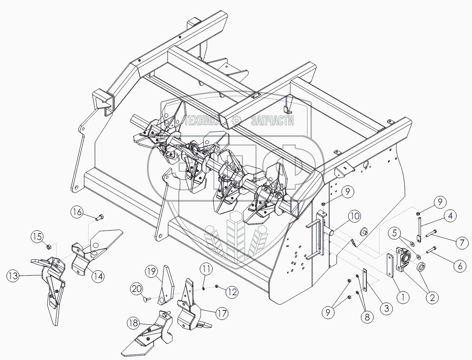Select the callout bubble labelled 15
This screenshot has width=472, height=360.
pyautogui.click(x=38, y=237)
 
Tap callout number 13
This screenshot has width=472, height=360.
pyautogui.click(x=15, y=276)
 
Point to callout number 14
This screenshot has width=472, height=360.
pyautogui.click(x=98, y=277)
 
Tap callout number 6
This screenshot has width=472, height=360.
pyautogui.click(x=460, y=266)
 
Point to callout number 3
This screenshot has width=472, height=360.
pyautogui.click(x=386, y=308)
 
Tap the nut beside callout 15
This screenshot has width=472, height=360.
pyautogui.click(x=48, y=246)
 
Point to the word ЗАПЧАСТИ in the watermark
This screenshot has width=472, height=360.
pyautogui.click(x=273, y=121)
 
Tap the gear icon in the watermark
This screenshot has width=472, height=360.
pyautogui.click(x=236, y=120)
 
